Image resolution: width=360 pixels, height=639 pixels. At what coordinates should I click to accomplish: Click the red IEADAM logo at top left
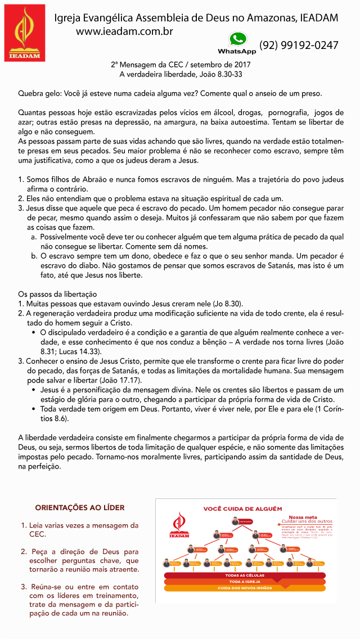point(25,33)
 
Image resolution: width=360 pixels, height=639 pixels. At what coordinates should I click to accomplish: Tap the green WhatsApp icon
point(237,39)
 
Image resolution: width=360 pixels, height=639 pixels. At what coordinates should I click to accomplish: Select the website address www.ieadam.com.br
point(124,31)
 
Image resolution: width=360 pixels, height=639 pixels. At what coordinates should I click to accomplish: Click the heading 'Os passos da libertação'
point(57,294)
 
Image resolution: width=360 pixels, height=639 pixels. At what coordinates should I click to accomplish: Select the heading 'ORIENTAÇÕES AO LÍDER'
point(80,507)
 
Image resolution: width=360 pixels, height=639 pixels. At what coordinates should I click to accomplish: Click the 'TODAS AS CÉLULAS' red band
point(245,575)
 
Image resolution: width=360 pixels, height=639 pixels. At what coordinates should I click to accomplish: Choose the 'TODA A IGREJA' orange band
point(245,582)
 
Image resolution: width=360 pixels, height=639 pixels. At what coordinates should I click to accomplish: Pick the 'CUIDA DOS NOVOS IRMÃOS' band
point(245,588)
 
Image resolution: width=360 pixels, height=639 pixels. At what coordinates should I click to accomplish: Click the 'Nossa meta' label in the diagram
point(303,517)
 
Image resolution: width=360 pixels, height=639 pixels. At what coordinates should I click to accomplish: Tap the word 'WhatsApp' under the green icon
point(237,52)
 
